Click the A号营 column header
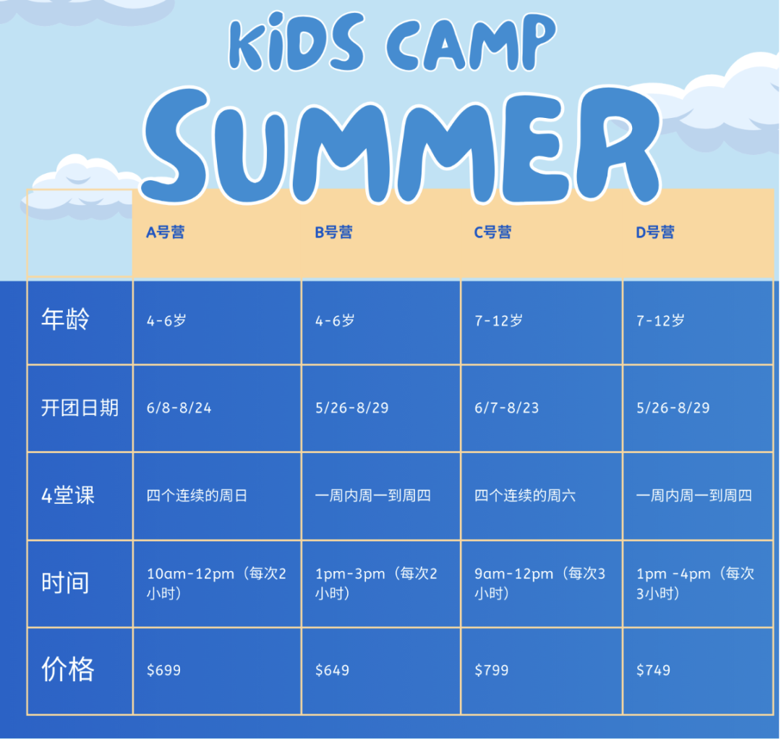pyautogui.click(x=165, y=232)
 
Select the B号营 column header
pyautogui.click(x=333, y=232)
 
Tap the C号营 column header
pyautogui.click(x=492, y=232)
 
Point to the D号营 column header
pyautogui.click(x=655, y=232)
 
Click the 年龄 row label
pyautogui.click(x=65, y=319)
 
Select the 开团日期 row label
pyautogui.click(x=80, y=408)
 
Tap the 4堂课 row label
pyautogui.click(x=68, y=496)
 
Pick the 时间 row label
pyautogui.click(x=65, y=583)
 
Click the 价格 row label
pyautogui.click(x=68, y=670)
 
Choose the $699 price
pyautogui.click(x=163, y=670)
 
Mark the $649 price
pyautogui.click(x=332, y=670)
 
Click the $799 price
pyautogui.click(x=492, y=670)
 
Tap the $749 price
pyautogui.click(x=654, y=670)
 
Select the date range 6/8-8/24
pyautogui.click(x=179, y=408)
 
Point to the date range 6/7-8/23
pyautogui.click(x=506, y=408)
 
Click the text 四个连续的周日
pyautogui.click(x=197, y=496)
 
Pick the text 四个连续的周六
pyautogui.click(x=525, y=496)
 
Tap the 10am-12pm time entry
pyautogui.click(x=190, y=574)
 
